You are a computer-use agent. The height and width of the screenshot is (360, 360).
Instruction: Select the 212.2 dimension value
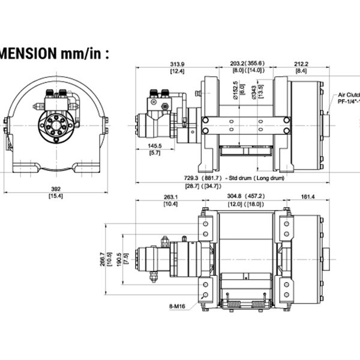(x=301, y=64)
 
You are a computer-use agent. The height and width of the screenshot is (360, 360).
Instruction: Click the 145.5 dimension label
(x=155, y=146)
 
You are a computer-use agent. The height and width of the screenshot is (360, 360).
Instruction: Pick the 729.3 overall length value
(x=193, y=178)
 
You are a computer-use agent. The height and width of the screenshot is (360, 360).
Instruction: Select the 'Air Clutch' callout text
(x=349, y=95)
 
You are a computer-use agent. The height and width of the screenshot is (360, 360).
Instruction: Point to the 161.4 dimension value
(x=307, y=196)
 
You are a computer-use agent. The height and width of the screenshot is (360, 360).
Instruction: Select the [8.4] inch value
(x=301, y=71)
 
